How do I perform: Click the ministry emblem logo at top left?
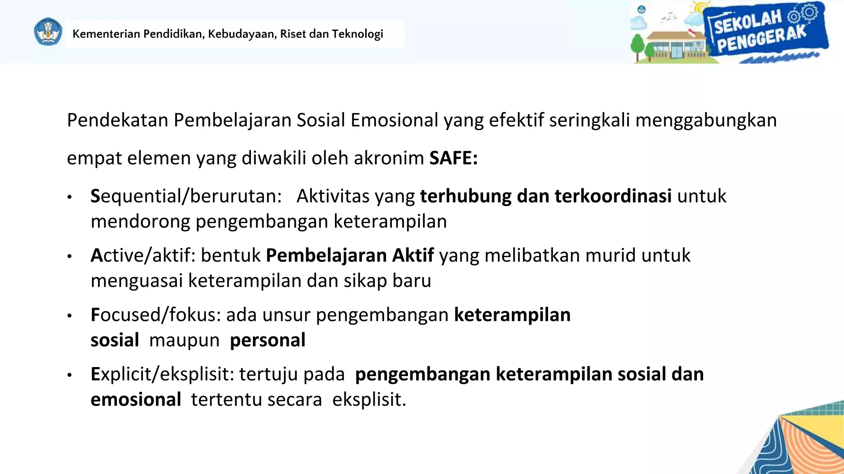(48, 32)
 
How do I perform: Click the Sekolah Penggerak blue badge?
(764, 32)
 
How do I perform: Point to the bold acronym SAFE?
(453, 158)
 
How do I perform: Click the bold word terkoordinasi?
(613, 196)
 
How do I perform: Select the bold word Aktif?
(413, 256)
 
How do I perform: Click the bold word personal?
(267, 340)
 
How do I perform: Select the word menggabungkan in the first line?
(706, 121)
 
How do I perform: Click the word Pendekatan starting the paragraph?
(117, 121)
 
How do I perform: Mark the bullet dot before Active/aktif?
(70, 257)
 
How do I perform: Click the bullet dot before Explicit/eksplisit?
(70, 375)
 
